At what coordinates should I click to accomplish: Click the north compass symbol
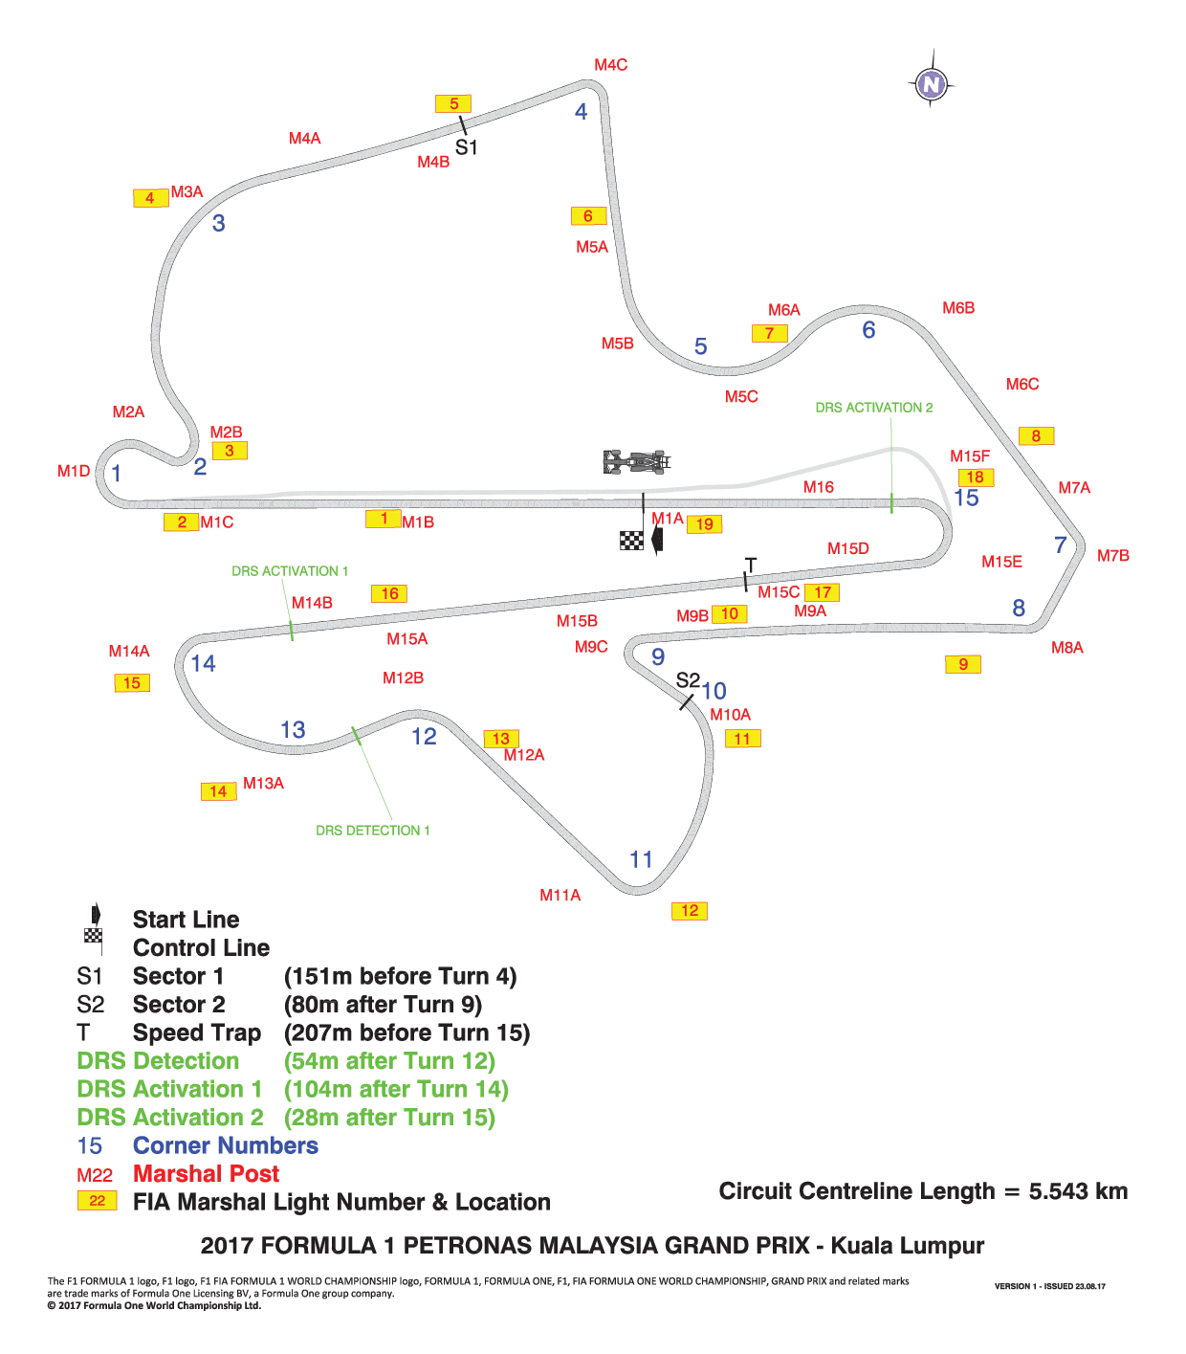(x=930, y=84)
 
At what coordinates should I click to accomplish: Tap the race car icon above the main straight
(x=636, y=462)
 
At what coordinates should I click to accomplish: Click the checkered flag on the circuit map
(x=630, y=540)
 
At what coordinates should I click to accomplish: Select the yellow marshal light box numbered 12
(x=689, y=910)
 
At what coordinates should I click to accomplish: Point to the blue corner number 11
(x=641, y=859)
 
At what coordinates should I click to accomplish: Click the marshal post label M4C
(x=611, y=65)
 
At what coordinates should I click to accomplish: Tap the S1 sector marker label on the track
(x=466, y=147)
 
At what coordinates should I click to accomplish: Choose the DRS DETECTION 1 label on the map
(x=372, y=830)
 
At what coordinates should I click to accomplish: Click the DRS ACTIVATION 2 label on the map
(x=873, y=407)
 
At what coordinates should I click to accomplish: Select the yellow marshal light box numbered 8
(x=1036, y=435)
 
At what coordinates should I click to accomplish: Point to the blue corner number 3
(x=218, y=223)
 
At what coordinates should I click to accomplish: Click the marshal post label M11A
(x=560, y=895)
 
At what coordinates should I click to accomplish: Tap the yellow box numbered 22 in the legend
(x=97, y=1200)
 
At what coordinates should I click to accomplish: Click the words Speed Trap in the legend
(x=196, y=1032)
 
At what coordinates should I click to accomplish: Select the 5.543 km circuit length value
(x=1078, y=1191)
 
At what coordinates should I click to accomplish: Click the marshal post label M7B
(x=1112, y=555)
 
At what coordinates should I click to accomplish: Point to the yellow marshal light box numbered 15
(x=132, y=682)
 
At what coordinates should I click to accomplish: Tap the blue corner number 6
(x=868, y=329)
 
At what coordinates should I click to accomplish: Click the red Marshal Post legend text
(x=206, y=1173)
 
